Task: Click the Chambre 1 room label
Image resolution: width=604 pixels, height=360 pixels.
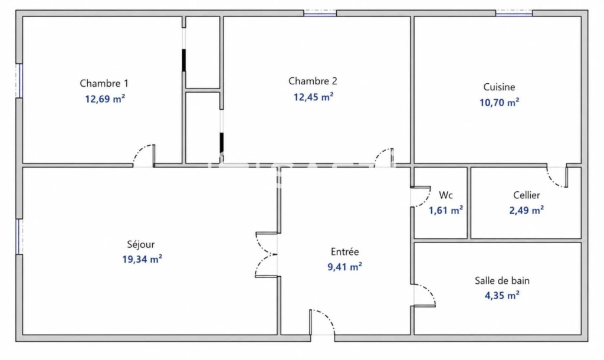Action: point(104,83)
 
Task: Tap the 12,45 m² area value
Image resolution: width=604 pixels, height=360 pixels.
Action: point(313,97)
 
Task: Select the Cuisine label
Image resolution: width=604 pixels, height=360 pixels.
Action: point(499,87)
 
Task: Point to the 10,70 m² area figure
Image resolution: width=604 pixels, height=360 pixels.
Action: point(499,103)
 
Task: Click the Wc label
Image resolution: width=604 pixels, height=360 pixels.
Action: point(446,195)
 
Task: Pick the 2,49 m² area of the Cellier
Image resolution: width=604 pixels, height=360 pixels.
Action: point(526,211)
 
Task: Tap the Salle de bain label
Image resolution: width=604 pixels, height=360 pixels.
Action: point(502,280)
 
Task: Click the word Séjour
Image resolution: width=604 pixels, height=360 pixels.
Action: point(140,244)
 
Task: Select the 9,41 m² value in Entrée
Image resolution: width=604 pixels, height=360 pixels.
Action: point(344,267)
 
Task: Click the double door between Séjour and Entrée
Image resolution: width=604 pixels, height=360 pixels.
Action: point(267,255)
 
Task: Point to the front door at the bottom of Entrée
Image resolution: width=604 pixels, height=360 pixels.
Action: point(322,322)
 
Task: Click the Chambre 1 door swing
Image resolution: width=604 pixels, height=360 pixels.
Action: point(144,156)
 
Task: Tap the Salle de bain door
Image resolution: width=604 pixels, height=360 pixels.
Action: point(424,296)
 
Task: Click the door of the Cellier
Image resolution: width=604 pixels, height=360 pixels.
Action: point(557,176)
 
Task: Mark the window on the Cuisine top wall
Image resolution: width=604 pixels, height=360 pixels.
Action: point(514,14)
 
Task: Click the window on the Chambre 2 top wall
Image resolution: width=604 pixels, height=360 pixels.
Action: point(320,14)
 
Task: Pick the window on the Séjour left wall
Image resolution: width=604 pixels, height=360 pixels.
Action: point(19,237)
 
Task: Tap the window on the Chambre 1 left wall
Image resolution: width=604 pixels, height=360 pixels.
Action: point(19,80)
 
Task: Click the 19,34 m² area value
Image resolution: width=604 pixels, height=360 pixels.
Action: point(142,260)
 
